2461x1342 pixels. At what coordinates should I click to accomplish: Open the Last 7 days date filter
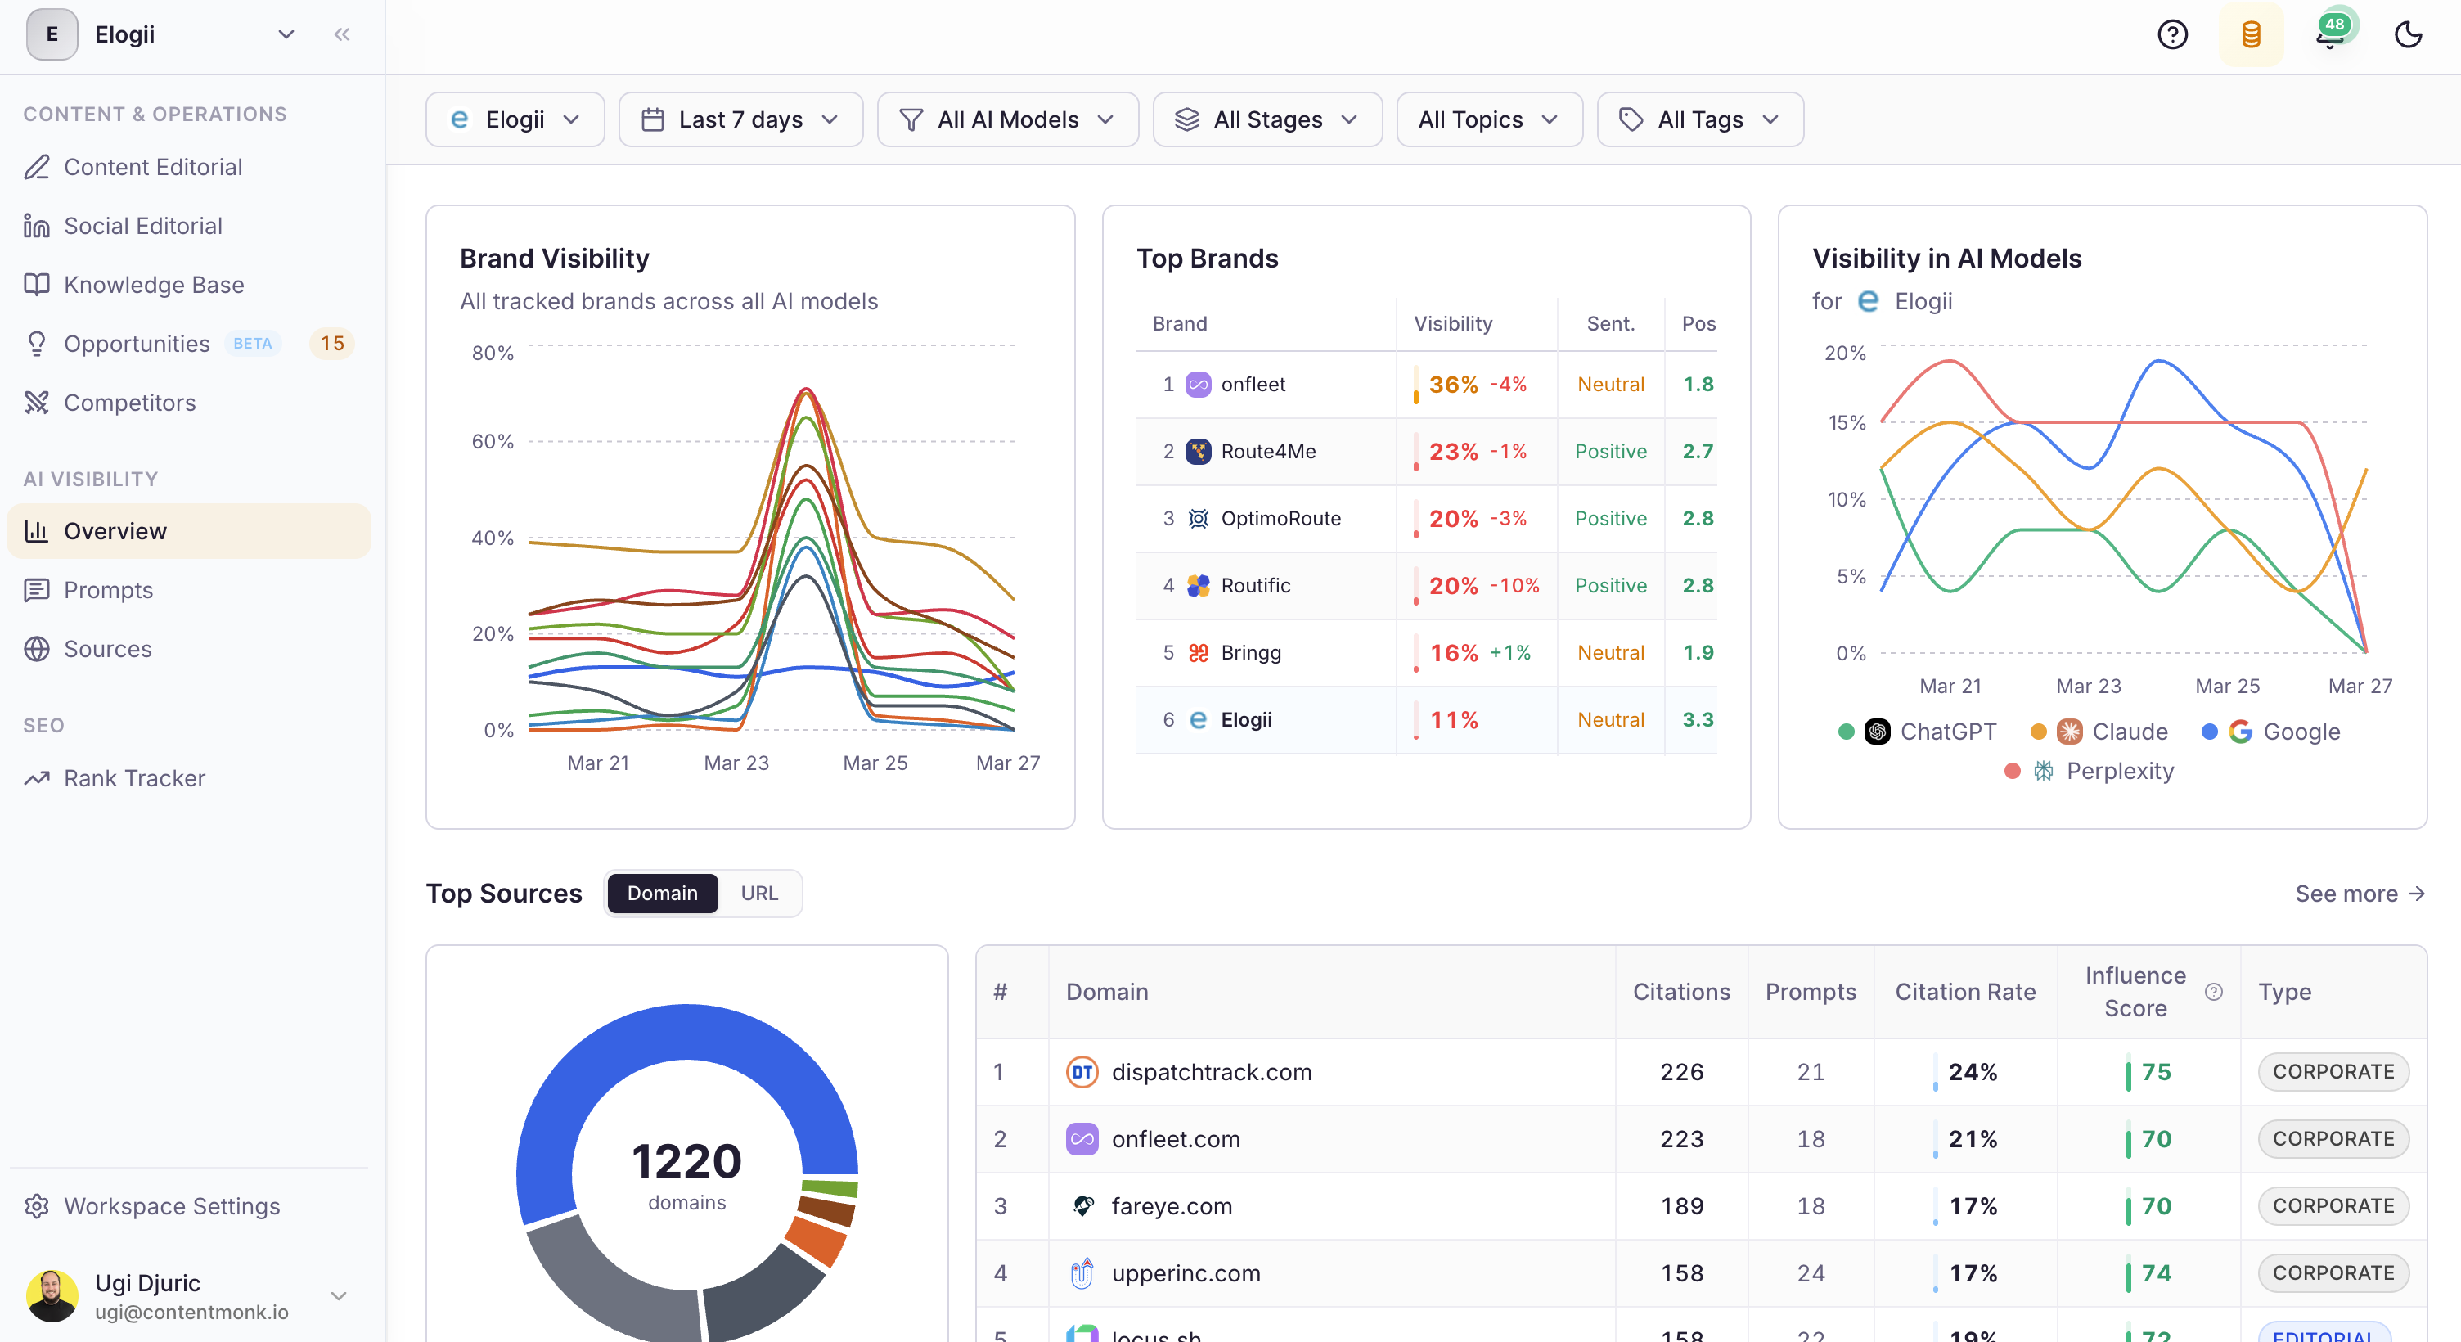(x=740, y=119)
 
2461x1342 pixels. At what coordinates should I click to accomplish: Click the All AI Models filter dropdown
(x=1007, y=119)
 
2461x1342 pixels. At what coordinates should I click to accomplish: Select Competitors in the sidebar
(x=129, y=403)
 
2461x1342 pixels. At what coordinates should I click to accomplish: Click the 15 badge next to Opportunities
(x=331, y=343)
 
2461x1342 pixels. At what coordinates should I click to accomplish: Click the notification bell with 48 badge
(x=2330, y=34)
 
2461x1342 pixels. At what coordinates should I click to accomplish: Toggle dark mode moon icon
(x=2408, y=34)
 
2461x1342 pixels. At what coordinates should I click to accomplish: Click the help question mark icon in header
(x=2171, y=34)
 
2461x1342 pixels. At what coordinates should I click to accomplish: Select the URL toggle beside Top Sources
(x=758, y=893)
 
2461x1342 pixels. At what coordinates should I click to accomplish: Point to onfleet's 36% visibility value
(x=1452, y=385)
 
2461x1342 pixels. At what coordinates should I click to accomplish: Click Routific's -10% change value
(x=1514, y=585)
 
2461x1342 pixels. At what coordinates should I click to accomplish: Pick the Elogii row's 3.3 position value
(x=1697, y=720)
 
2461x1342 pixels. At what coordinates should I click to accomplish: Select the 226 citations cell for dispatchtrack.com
(x=1680, y=1071)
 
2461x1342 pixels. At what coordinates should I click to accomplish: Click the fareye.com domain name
(x=1172, y=1206)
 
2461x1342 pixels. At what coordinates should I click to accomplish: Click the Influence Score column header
(x=2135, y=991)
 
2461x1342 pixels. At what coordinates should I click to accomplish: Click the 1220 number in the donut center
(x=686, y=1160)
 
